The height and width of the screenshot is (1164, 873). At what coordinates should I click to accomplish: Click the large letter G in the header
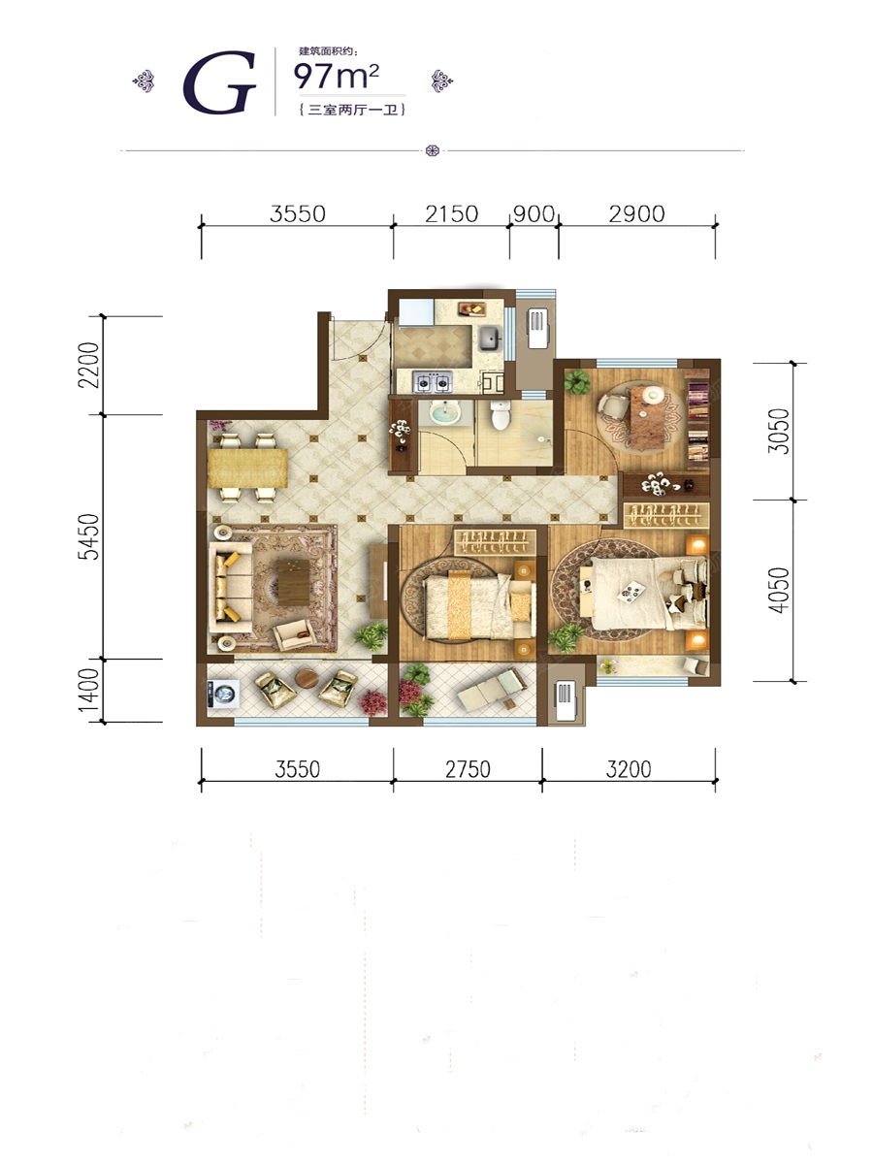click(x=220, y=82)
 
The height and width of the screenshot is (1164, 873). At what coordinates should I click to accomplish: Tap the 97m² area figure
click(x=337, y=76)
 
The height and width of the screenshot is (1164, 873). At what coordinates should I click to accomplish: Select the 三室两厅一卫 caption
click(x=352, y=110)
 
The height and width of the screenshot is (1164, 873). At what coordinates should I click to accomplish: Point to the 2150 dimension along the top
click(x=452, y=214)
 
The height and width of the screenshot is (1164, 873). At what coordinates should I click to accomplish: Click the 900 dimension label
click(x=534, y=214)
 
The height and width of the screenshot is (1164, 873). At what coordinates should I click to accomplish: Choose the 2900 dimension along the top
click(x=636, y=214)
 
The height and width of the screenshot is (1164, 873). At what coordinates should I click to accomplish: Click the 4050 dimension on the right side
click(x=779, y=590)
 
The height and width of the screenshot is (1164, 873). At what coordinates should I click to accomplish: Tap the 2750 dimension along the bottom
click(x=468, y=769)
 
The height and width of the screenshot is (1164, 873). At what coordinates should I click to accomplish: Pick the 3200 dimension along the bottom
click(x=629, y=769)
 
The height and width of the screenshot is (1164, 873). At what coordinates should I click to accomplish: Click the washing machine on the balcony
click(x=223, y=694)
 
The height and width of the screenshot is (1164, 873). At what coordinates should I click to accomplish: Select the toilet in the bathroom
click(x=501, y=414)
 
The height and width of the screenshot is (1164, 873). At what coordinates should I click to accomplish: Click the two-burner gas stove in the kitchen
click(x=433, y=382)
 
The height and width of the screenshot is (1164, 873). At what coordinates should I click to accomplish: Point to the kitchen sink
click(x=490, y=339)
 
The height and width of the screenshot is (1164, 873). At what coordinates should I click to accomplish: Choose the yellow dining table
click(x=247, y=468)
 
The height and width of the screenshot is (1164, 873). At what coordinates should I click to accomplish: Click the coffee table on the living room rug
click(x=294, y=582)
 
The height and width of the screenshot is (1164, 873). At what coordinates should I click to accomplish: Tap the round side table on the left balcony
click(x=307, y=679)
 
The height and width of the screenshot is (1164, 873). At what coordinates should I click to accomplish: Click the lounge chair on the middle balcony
click(x=493, y=690)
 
